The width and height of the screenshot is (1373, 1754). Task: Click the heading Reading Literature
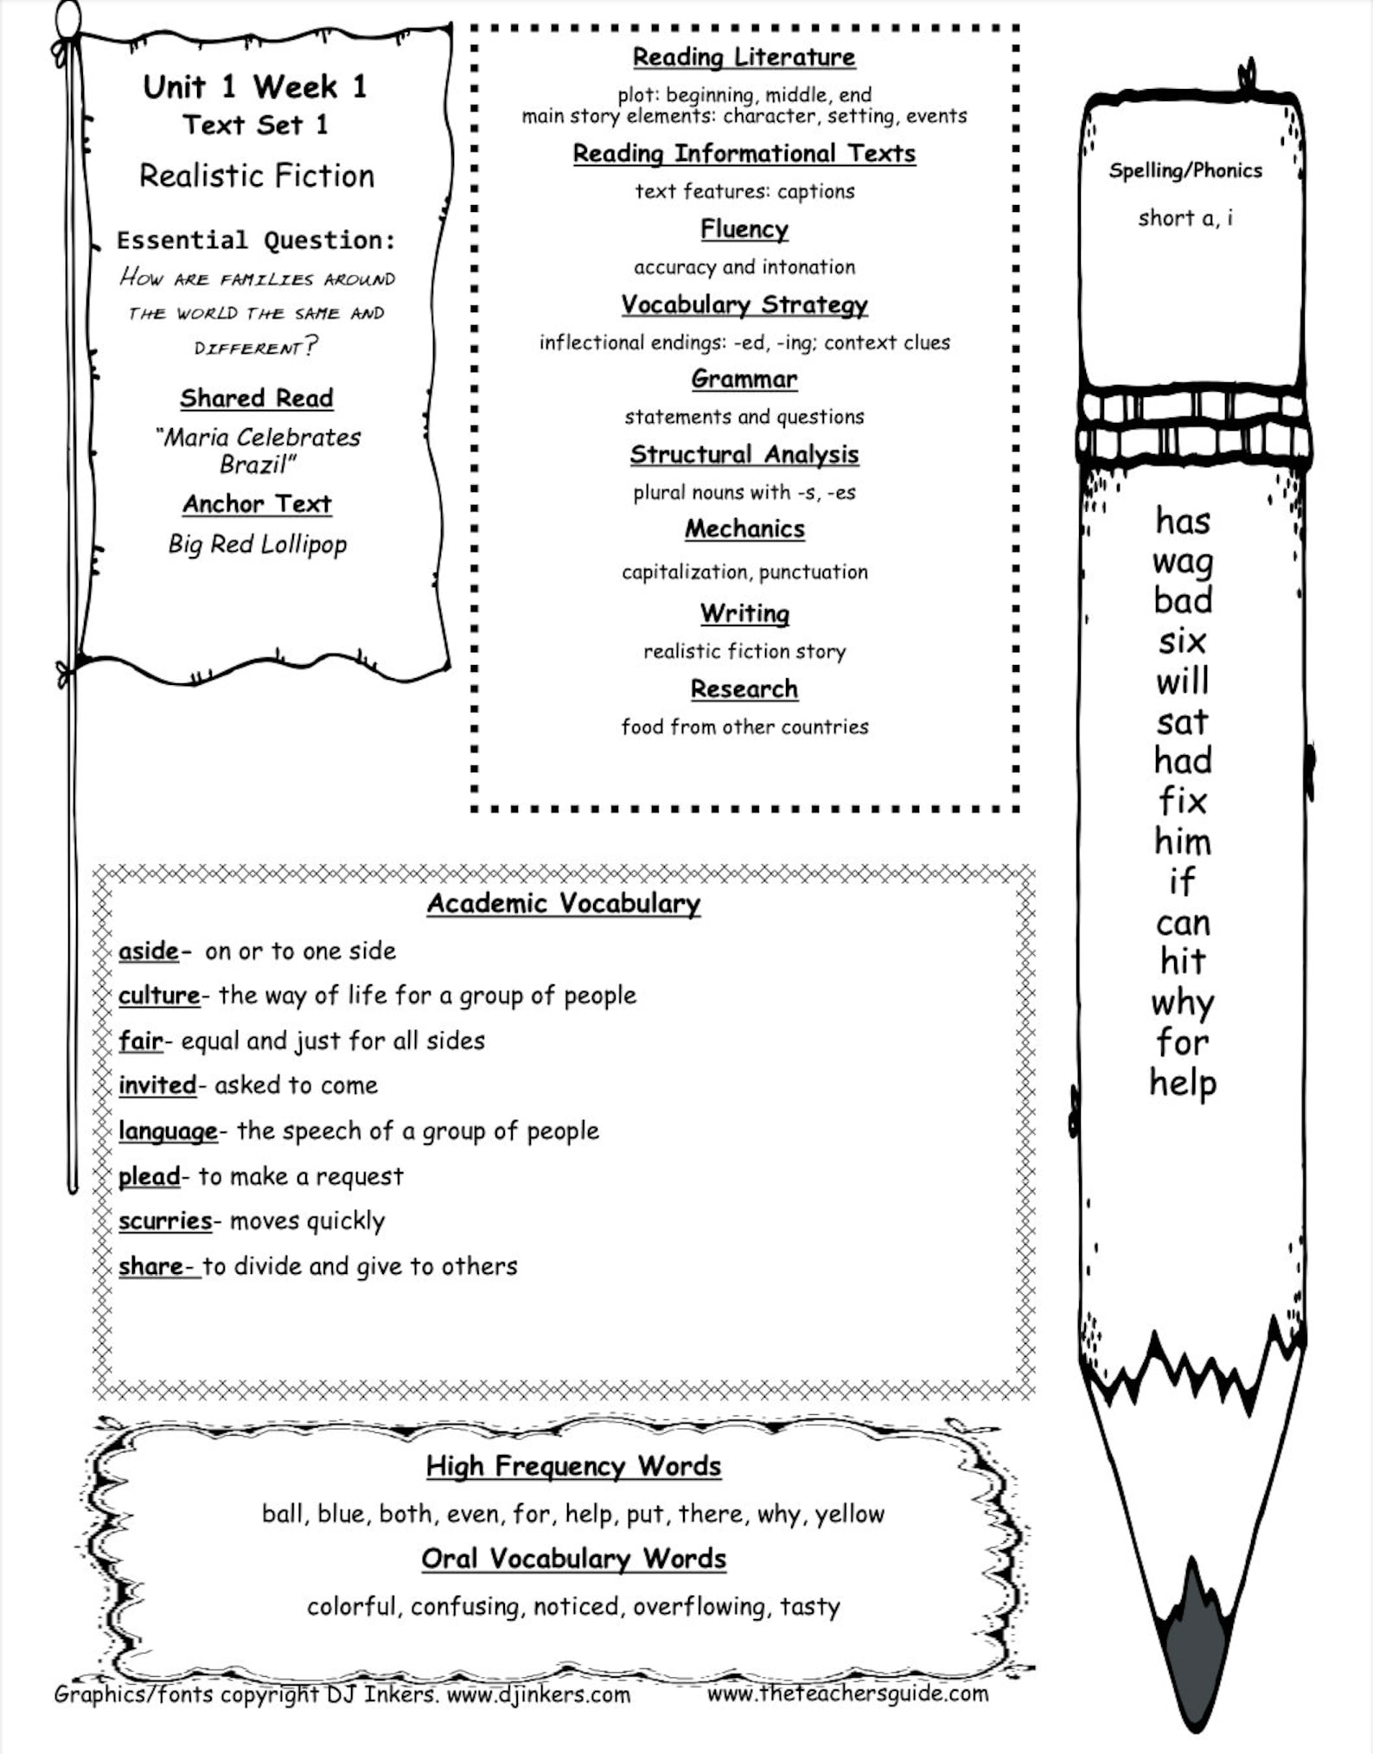pos(744,57)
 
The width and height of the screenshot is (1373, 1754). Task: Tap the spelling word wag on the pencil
pos(1182,562)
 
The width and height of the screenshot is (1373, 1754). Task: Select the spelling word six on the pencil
pos(1182,642)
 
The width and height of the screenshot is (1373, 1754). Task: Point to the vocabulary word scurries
pos(165,1220)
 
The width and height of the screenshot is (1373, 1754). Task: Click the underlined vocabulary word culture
pos(159,995)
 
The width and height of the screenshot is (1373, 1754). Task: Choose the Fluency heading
pos(744,229)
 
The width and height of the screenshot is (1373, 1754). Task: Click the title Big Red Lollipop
pos(257,544)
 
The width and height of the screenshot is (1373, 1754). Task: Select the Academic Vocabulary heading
pos(564,903)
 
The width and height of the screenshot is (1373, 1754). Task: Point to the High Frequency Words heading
pos(573,1465)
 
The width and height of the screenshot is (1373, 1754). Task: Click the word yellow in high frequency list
pos(849,1514)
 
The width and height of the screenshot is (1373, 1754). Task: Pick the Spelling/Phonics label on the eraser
pos(1185,170)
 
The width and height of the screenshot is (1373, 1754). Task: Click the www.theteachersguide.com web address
pos(847,1693)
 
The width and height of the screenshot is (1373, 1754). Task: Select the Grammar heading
pos(744,379)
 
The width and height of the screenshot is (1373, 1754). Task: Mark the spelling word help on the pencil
pos(1182,1084)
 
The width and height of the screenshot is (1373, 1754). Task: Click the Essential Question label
pos(256,240)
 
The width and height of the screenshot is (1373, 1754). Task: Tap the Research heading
pos(744,688)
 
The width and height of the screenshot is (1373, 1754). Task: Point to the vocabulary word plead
pos(149,1176)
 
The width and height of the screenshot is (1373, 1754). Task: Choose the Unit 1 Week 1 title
pos(255,86)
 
